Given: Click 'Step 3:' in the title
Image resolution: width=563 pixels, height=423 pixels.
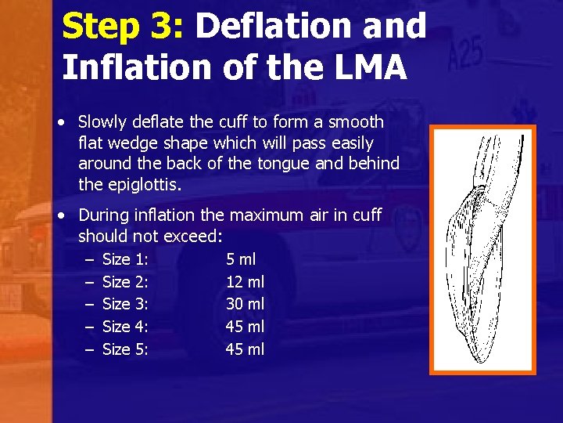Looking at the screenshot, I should pyautogui.click(x=122, y=27).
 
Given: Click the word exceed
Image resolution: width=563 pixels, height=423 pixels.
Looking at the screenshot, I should pyautogui.click(x=195, y=236).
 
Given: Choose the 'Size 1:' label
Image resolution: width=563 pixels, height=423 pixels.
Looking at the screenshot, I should pyautogui.click(x=126, y=259).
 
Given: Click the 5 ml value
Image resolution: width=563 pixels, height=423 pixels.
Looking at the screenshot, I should pyautogui.click(x=241, y=259).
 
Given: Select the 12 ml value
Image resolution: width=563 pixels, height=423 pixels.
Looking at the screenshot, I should pyautogui.click(x=246, y=281).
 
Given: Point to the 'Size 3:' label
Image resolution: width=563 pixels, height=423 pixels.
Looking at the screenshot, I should pyautogui.click(x=126, y=304).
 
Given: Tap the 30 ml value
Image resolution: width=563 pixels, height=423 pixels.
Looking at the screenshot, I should pyautogui.click(x=246, y=304).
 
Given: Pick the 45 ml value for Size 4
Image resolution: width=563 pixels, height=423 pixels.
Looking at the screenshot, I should pyautogui.click(x=246, y=327).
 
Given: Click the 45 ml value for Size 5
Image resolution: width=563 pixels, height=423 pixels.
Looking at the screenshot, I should pyautogui.click(x=246, y=349).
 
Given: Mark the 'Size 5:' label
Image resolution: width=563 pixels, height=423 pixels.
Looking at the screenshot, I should pyautogui.click(x=126, y=349).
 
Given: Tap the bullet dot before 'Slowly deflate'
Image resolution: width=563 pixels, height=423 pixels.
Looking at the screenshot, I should pyautogui.click(x=61, y=123).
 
